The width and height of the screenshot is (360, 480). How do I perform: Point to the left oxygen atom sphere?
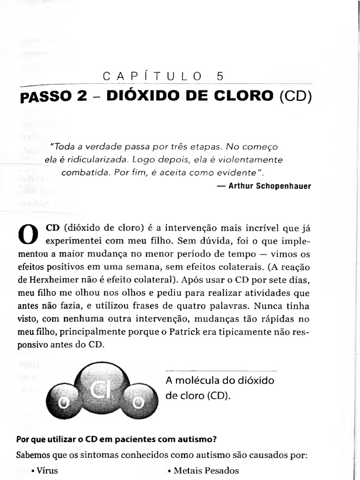point(64,402)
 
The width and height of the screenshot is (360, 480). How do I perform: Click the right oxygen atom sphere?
point(138,402)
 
